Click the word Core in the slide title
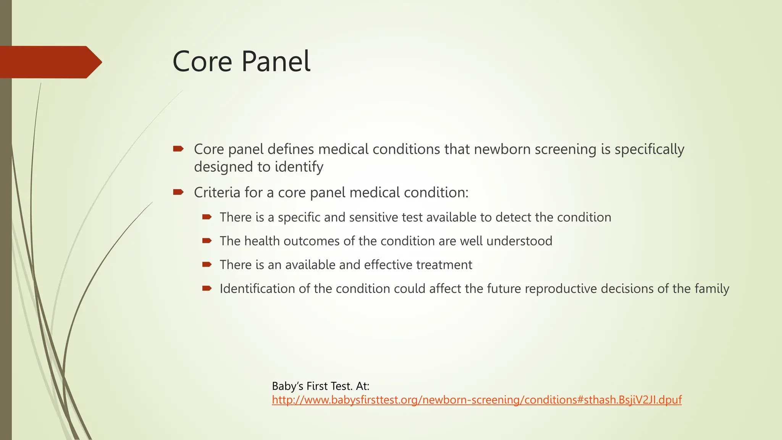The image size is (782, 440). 202,61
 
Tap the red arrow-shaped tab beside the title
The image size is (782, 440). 50,62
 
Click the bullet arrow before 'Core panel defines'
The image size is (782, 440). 178,149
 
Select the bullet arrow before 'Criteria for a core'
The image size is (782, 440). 178,192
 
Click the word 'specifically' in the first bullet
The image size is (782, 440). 649,149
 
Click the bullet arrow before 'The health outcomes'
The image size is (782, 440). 207,241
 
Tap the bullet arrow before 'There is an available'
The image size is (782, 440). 207,264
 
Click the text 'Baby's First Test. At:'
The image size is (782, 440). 320,386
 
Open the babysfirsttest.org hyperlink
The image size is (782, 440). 477,400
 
